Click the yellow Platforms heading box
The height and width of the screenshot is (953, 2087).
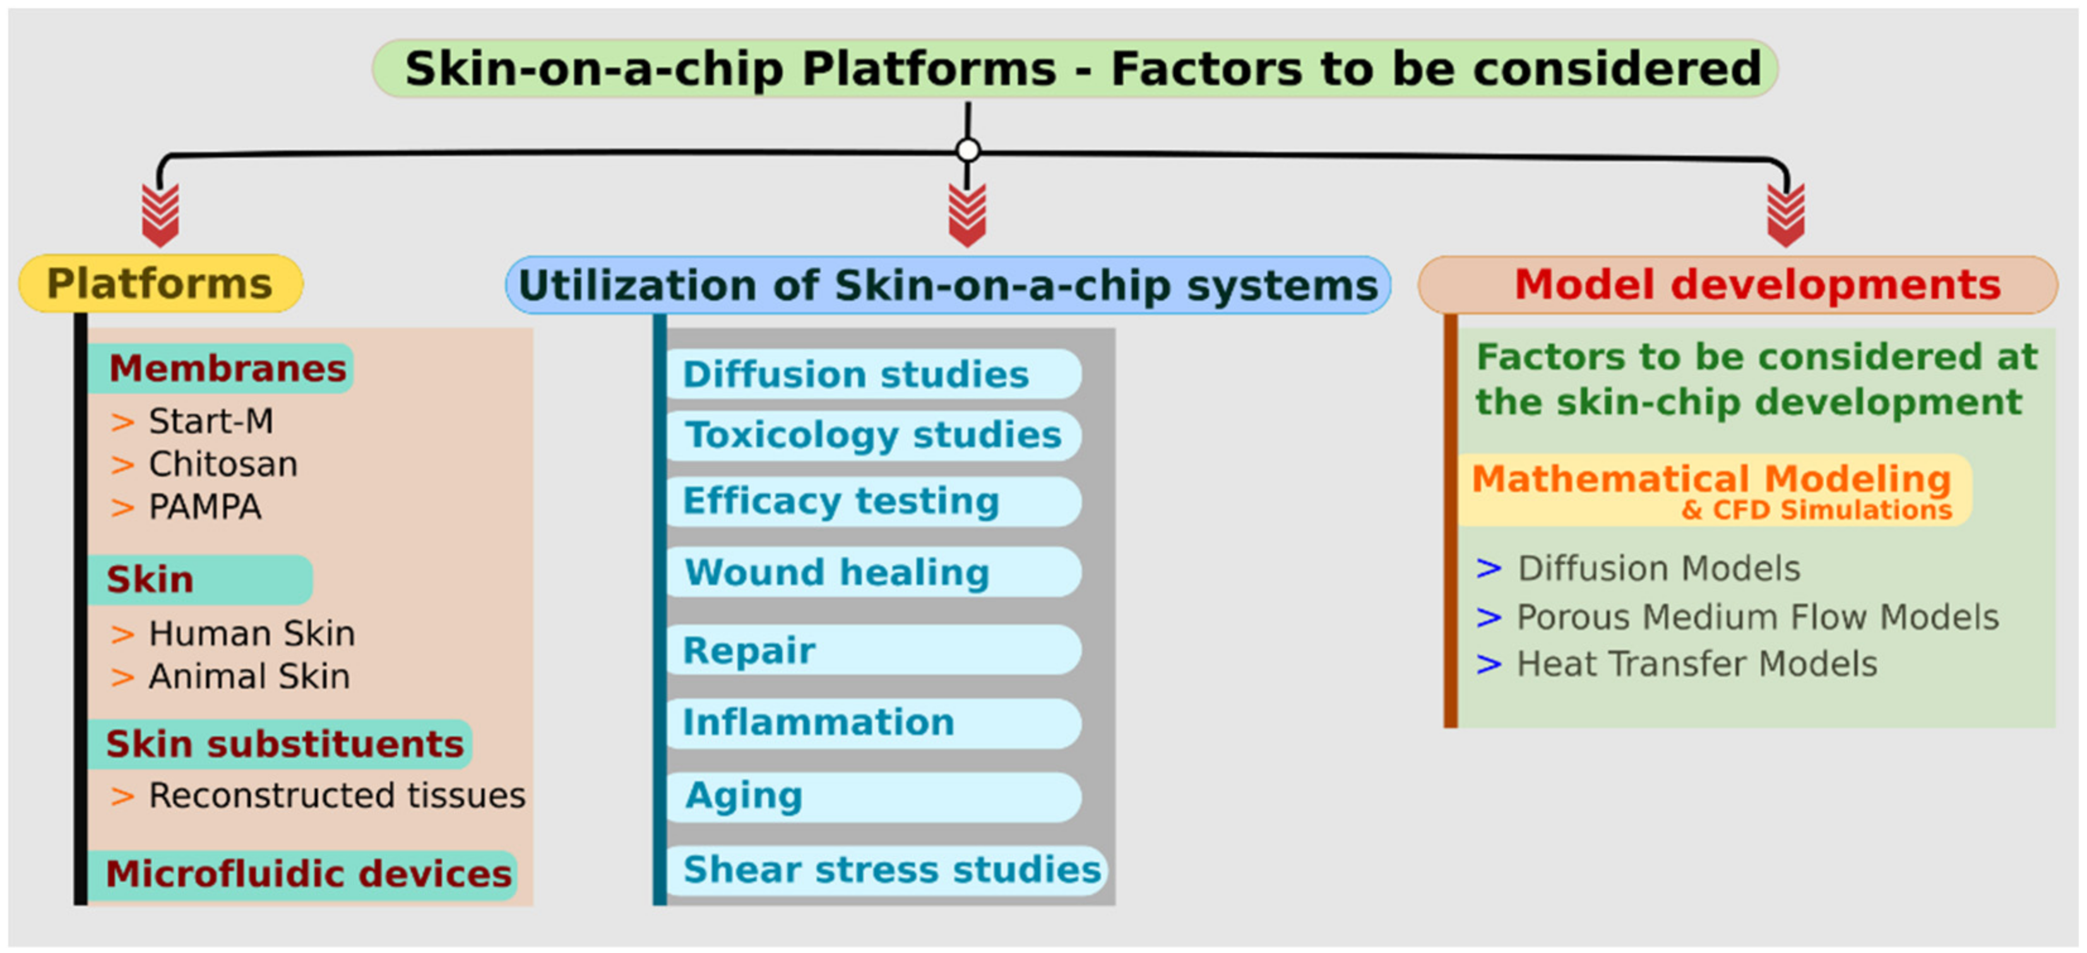(x=160, y=284)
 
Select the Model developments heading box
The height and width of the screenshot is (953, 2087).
(x=1738, y=284)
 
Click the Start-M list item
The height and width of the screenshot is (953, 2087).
(x=211, y=421)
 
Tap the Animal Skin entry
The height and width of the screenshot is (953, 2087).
(x=249, y=676)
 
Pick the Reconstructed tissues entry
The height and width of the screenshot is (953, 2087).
(x=336, y=796)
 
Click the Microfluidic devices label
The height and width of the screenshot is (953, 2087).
(x=308, y=875)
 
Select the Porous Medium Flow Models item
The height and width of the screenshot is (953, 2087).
(x=1756, y=618)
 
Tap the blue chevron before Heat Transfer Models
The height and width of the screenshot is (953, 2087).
(x=1489, y=664)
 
